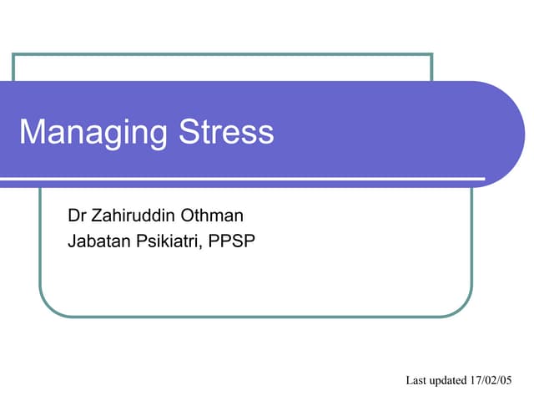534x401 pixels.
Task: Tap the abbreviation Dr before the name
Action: pyautogui.click(x=77, y=216)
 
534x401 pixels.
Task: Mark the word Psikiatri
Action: pyautogui.click(x=167, y=242)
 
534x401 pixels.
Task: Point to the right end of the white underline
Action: pyautogui.click(x=483, y=178)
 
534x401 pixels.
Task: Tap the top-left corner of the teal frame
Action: pyautogui.click(x=13, y=54)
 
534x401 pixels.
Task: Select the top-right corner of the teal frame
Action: pyautogui.click(x=431, y=54)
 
